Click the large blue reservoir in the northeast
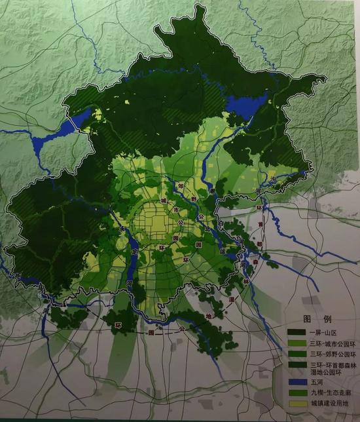247,105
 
